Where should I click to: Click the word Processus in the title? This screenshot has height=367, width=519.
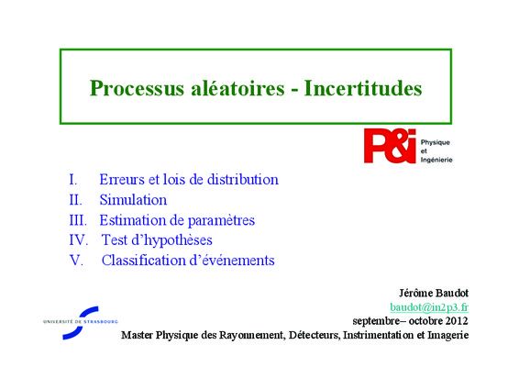click(x=137, y=88)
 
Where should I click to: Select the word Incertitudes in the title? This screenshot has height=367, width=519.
click(x=363, y=88)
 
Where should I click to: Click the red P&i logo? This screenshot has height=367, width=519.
click(x=390, y=146)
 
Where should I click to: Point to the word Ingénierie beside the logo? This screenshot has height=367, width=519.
click(x=436, y=160)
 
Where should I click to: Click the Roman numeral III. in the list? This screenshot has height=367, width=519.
click(x=78, y=220)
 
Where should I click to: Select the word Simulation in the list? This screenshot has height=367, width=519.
click(x=133, y=200)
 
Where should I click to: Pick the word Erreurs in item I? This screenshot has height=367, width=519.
click(x=122, y=180)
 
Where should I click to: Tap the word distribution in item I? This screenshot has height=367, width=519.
click(x=243, y=180)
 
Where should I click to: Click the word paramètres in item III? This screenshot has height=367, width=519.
click(x=221, y=221)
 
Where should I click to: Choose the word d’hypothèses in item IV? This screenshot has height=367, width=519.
click(x=171, y=240)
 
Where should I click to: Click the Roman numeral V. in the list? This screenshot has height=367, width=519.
click(x=76, y=261)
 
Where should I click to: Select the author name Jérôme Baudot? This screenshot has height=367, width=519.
click(x=434, y=293)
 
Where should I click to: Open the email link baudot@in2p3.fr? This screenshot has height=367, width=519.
click(x=429, y=307)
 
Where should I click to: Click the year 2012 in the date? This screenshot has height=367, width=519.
click(x=457, y=321)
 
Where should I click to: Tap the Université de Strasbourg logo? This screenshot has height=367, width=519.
click(x=81, y=323)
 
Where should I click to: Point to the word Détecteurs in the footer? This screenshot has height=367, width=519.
click(x=315, y=335)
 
